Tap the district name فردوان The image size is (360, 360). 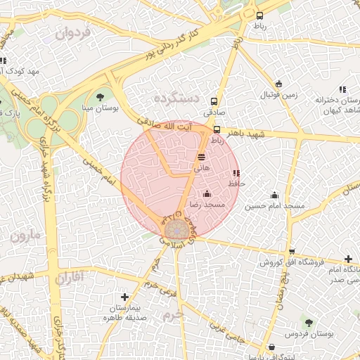[74, 32]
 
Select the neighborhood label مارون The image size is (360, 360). [26, 236]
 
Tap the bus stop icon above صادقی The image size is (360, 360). [214, 101]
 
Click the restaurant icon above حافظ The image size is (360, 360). [236, 173]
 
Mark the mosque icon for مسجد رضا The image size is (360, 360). [207, 193]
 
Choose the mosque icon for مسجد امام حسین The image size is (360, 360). [274, 195]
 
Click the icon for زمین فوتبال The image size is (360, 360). [279, 84]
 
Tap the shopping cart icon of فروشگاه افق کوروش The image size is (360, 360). [290, 252]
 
